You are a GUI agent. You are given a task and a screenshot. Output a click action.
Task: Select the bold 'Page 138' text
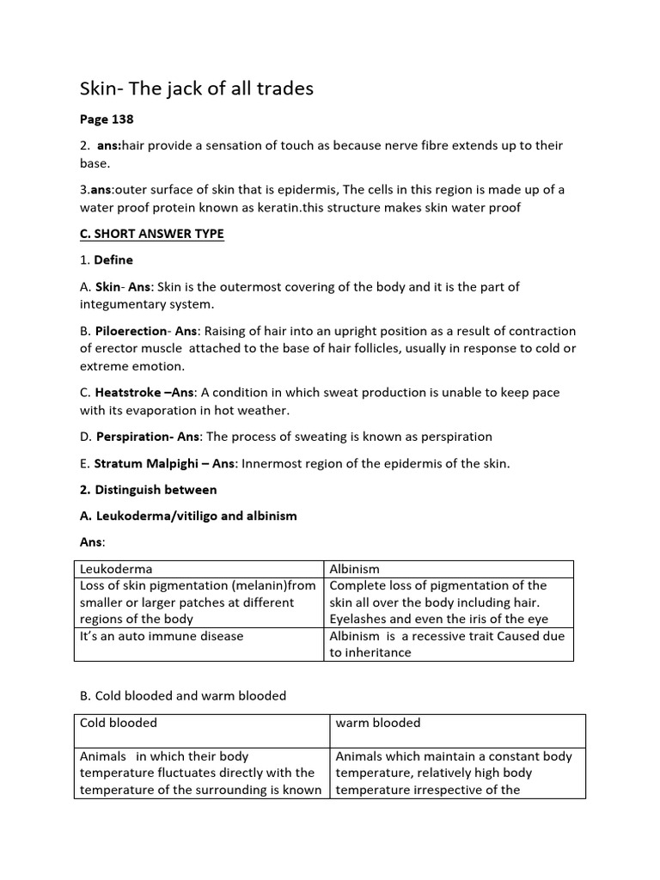click(107, 119)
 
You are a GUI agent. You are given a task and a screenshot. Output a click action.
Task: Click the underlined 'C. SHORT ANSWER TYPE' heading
click(152, 234)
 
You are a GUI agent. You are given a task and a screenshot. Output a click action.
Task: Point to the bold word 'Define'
click(113, 260)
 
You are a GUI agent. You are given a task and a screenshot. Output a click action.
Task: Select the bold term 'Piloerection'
click(134, 331)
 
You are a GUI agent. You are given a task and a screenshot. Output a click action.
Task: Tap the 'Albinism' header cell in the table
click(355, 569)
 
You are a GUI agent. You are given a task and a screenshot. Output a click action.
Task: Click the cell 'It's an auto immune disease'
click(162, 636)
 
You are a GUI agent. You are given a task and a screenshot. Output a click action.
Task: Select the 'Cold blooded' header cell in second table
click(118, 723)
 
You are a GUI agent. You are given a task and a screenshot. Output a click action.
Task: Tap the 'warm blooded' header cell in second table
click(378, 723)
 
